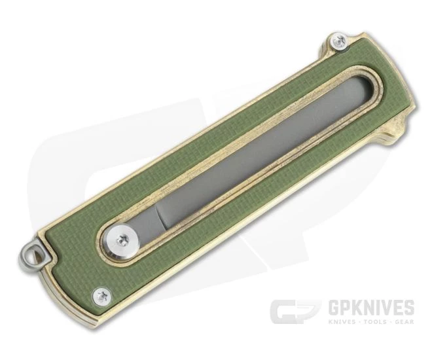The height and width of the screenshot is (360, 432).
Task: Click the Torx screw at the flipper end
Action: coord(338,41)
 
